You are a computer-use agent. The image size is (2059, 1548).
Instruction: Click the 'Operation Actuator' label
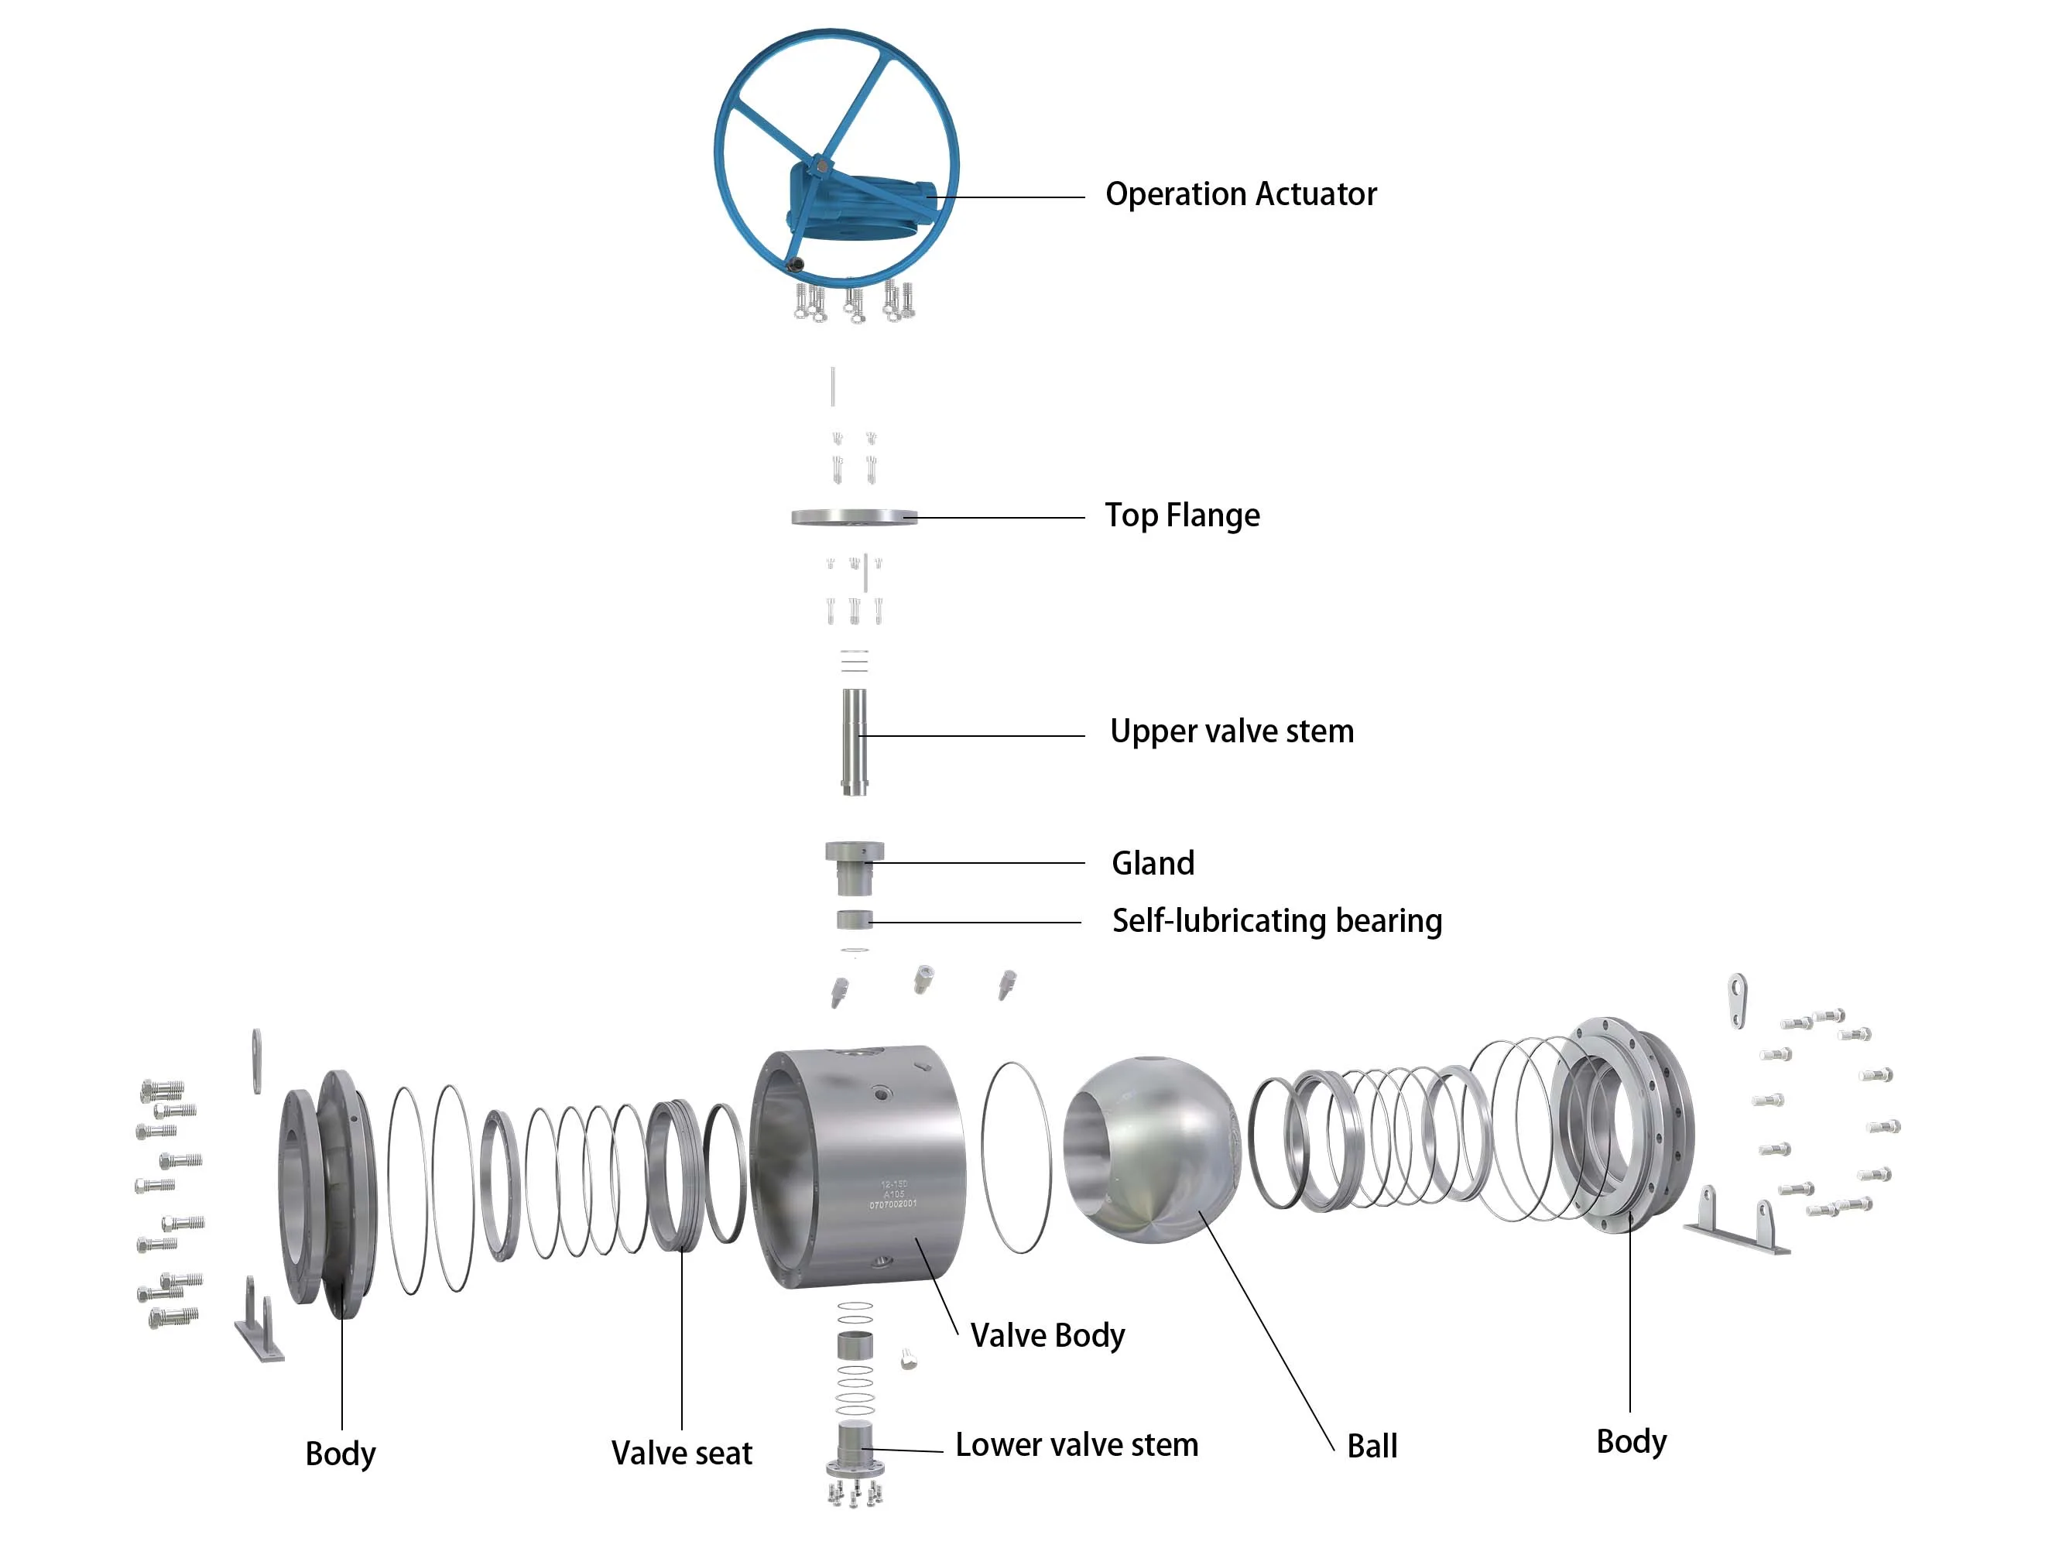[x=1240, y=194]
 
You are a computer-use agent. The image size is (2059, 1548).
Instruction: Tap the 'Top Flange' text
[x=1181, y=515]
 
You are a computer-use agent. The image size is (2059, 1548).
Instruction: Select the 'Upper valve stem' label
[x=1231, y=731]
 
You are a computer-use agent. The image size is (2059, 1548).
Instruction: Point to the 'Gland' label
[x=1153, y=863]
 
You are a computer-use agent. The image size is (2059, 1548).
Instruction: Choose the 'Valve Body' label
[x=1047, y=1336]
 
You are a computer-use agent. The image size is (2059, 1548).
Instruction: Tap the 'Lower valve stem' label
[x=1076, y=1445]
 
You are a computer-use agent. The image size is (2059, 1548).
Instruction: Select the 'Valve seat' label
[x=681, y=1453]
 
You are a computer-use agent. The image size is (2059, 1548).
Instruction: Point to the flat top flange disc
[x=854, y=516]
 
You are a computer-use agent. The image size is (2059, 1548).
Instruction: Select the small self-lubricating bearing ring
[x=854, y=920]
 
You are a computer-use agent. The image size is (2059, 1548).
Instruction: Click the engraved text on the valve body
[x=892, y=1194]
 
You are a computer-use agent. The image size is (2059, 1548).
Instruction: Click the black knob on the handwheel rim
[x=794, y=265]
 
